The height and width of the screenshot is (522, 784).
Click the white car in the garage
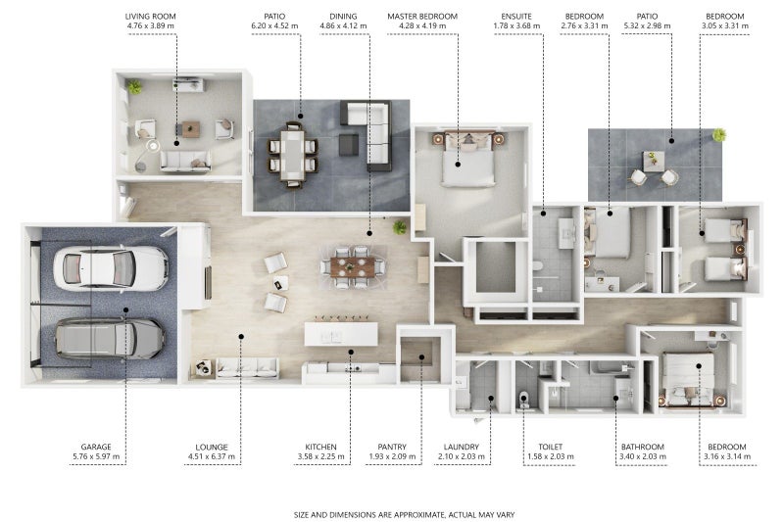pos(111,268)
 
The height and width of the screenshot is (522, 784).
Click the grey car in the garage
pos(110,338)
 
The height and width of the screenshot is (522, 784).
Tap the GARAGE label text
pos(96,447)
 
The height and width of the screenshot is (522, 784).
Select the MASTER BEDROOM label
pos(422,17)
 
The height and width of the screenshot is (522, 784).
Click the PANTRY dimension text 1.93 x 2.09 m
pos(392,456)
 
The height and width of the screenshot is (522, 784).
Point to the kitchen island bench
pos(341,334)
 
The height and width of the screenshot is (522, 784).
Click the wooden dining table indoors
pos(353,266)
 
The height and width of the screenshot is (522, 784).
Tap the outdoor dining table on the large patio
pos(292,155)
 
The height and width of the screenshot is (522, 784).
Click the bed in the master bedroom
pos(468,160)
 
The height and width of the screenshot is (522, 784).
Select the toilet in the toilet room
pos(523,400)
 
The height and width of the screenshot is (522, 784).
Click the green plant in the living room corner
pos(134,87)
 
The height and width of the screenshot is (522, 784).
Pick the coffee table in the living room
pos(190,129)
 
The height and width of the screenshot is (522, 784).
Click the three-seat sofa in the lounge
pos(247,367)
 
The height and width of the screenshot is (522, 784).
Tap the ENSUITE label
pos(516,17)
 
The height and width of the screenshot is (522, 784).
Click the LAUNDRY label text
pos(461,447)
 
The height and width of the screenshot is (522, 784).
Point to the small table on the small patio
pos(654,161)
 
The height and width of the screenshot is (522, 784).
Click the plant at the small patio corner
pos(719,134)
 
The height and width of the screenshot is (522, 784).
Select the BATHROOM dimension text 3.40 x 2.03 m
pos(643,456)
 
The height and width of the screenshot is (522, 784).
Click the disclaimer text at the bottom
pos(404,514)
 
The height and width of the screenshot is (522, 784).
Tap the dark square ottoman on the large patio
pos(349,144)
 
